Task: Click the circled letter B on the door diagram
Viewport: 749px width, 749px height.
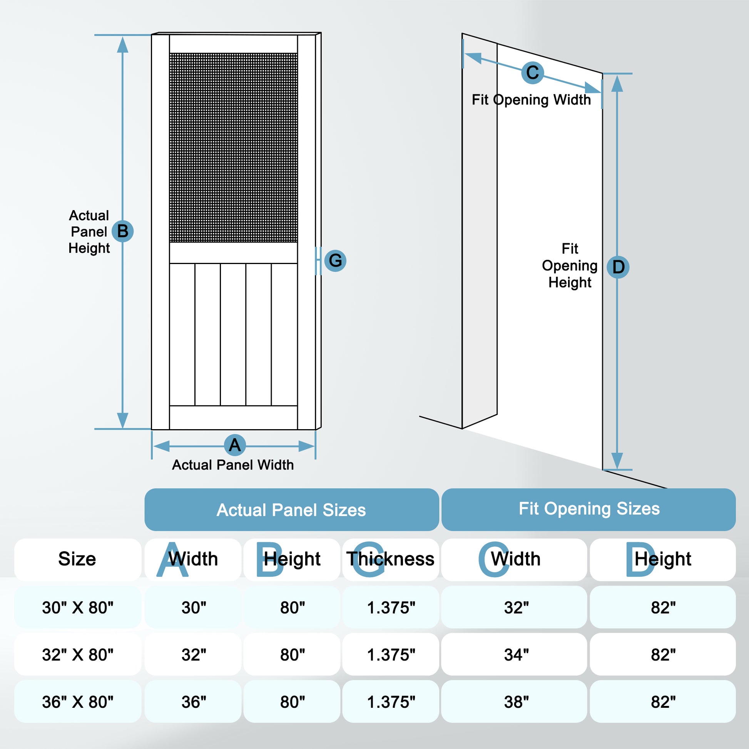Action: click(x=122, y=231)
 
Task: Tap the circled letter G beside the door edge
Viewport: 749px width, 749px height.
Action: click(x=335, y=261)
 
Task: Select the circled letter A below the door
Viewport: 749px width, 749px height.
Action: click(x=234, y=445)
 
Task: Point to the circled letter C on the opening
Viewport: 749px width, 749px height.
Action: click(x=532, y=72)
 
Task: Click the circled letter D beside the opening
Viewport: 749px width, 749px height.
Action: click(x=618, y=267)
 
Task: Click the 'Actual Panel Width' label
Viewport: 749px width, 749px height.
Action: click(x=232, y=465)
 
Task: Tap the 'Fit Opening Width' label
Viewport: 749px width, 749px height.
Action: click(x=531, y=100)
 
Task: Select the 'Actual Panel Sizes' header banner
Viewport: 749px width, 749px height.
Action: click(x=291, y=510)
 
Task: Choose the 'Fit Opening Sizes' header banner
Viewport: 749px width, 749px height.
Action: click(x=588, y=509)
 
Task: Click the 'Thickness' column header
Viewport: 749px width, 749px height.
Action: click(x=390, y=559)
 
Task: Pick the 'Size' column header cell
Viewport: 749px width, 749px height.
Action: click(x=77, y=559)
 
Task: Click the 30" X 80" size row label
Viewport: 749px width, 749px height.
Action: click(x=77, y=607)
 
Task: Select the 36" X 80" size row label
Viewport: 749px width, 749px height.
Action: click(x=77, y=702)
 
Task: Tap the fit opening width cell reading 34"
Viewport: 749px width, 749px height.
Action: click(x=516, y=655)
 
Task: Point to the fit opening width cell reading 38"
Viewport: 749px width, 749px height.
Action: click(x=516, y=702)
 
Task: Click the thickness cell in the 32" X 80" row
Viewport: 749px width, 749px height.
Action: click(x=390, y=655)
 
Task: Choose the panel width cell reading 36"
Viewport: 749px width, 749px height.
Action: click(x=194, y=702)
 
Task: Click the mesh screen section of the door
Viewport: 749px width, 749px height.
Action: click(x=233, y=147)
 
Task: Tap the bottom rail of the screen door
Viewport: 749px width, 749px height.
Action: click(x=233, y=418)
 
